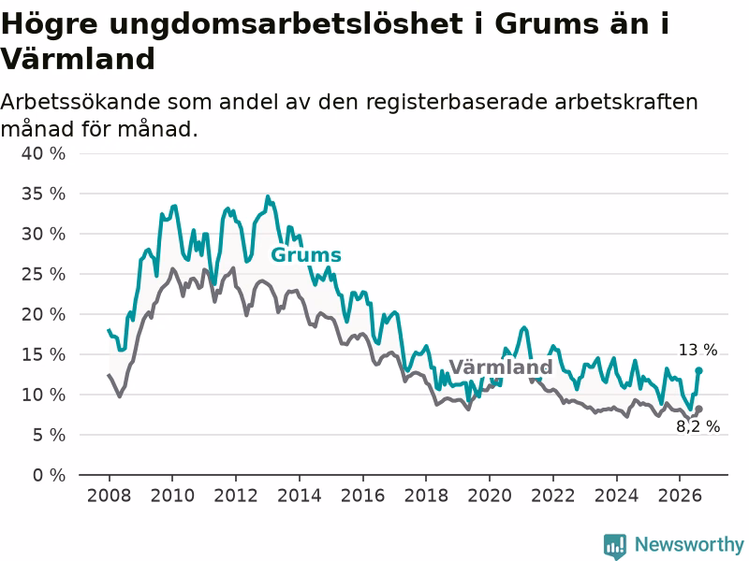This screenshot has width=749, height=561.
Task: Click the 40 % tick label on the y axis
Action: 43,153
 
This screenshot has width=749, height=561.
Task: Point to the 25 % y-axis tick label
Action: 43,274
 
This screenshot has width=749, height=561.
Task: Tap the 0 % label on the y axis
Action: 50,475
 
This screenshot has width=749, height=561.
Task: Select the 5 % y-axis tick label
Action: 50,435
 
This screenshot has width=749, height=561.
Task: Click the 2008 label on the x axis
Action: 109,496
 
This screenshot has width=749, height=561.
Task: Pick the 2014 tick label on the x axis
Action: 299,496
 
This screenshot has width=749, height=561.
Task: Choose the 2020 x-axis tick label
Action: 489,496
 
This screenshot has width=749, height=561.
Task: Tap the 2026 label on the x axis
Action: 680,496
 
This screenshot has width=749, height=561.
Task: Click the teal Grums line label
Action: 306,255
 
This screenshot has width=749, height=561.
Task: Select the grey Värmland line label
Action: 501,367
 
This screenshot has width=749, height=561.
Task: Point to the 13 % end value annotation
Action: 698,350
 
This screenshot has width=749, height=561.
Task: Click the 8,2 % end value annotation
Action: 698,426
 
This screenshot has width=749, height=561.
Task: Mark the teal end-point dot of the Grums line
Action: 698,370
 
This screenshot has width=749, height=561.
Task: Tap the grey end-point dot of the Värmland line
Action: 698,410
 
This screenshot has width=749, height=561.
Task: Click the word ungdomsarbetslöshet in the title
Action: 286,24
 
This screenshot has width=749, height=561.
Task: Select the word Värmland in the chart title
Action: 78,59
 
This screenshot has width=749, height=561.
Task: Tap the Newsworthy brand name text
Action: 689,544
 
